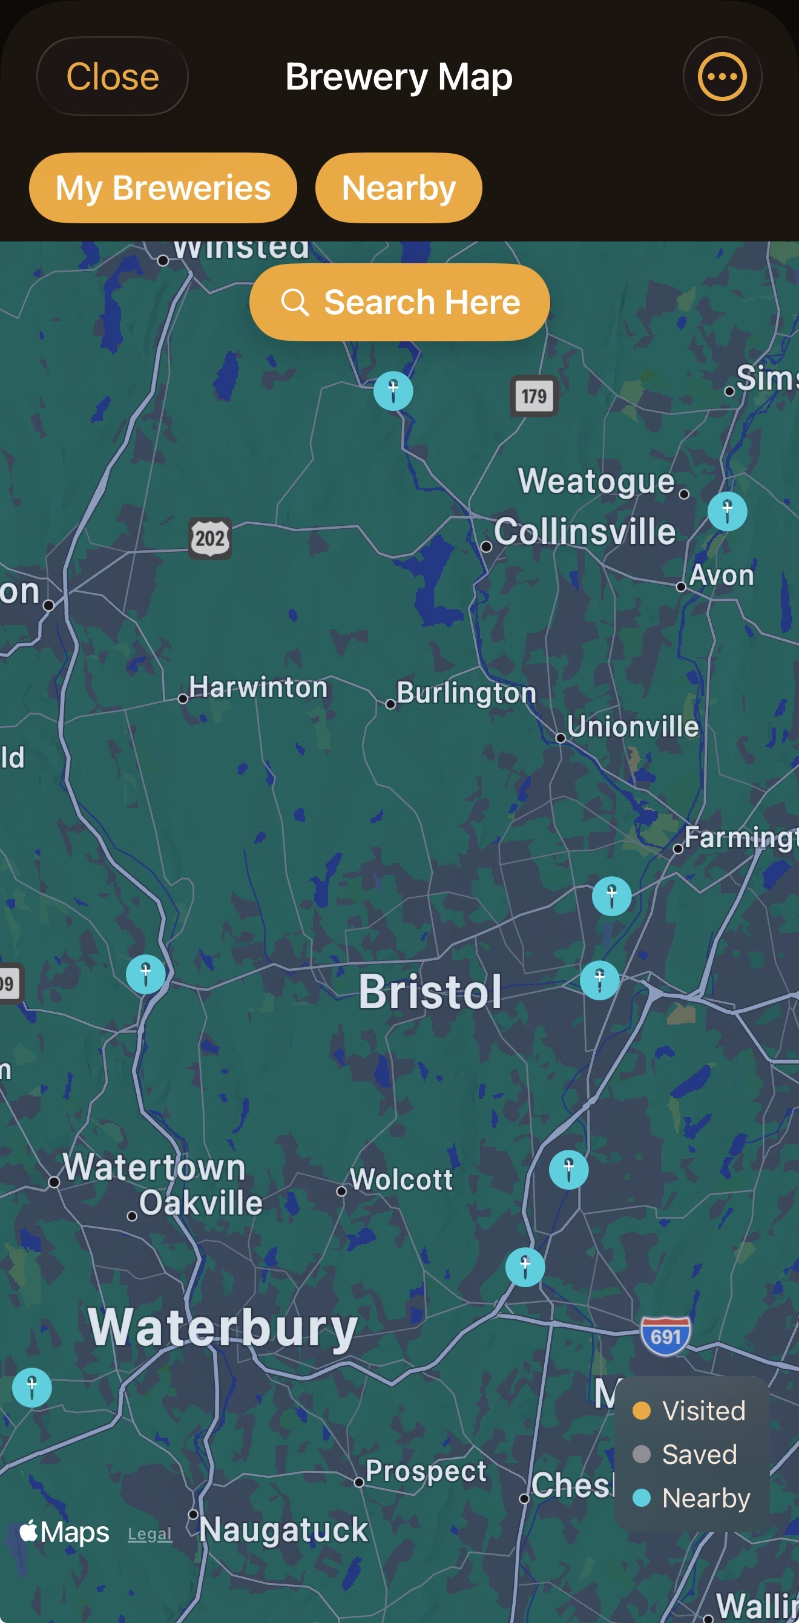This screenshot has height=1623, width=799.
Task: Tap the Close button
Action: click(112, 76)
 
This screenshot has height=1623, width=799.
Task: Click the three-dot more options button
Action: click(722, 76)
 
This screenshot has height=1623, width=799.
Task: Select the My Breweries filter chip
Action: click(163, 188)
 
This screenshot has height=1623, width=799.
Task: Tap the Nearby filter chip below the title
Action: click(398, 188)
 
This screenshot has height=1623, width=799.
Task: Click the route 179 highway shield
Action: click(534, 396)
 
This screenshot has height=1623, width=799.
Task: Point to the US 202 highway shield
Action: click(210, 538)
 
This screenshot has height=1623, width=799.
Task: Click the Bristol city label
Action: click(430, 992)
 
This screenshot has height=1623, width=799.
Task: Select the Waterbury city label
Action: click(222, 1327)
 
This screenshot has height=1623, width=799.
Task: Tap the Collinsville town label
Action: click(584, 531)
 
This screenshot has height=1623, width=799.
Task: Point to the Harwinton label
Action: click(258, 687)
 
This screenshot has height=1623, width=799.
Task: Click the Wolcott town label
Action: click(401, 1179)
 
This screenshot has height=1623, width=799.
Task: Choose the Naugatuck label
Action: click(283, 1529)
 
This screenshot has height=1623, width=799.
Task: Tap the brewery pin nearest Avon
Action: click(727, 511)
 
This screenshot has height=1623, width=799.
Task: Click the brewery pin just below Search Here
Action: click(393, 391)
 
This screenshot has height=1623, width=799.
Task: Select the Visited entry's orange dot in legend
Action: click(641, 1411)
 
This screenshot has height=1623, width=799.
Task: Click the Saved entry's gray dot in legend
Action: click(641, 1454)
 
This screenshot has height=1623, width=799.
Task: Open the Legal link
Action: click(150, 1533)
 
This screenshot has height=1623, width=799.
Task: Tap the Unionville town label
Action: click(632, 726)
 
